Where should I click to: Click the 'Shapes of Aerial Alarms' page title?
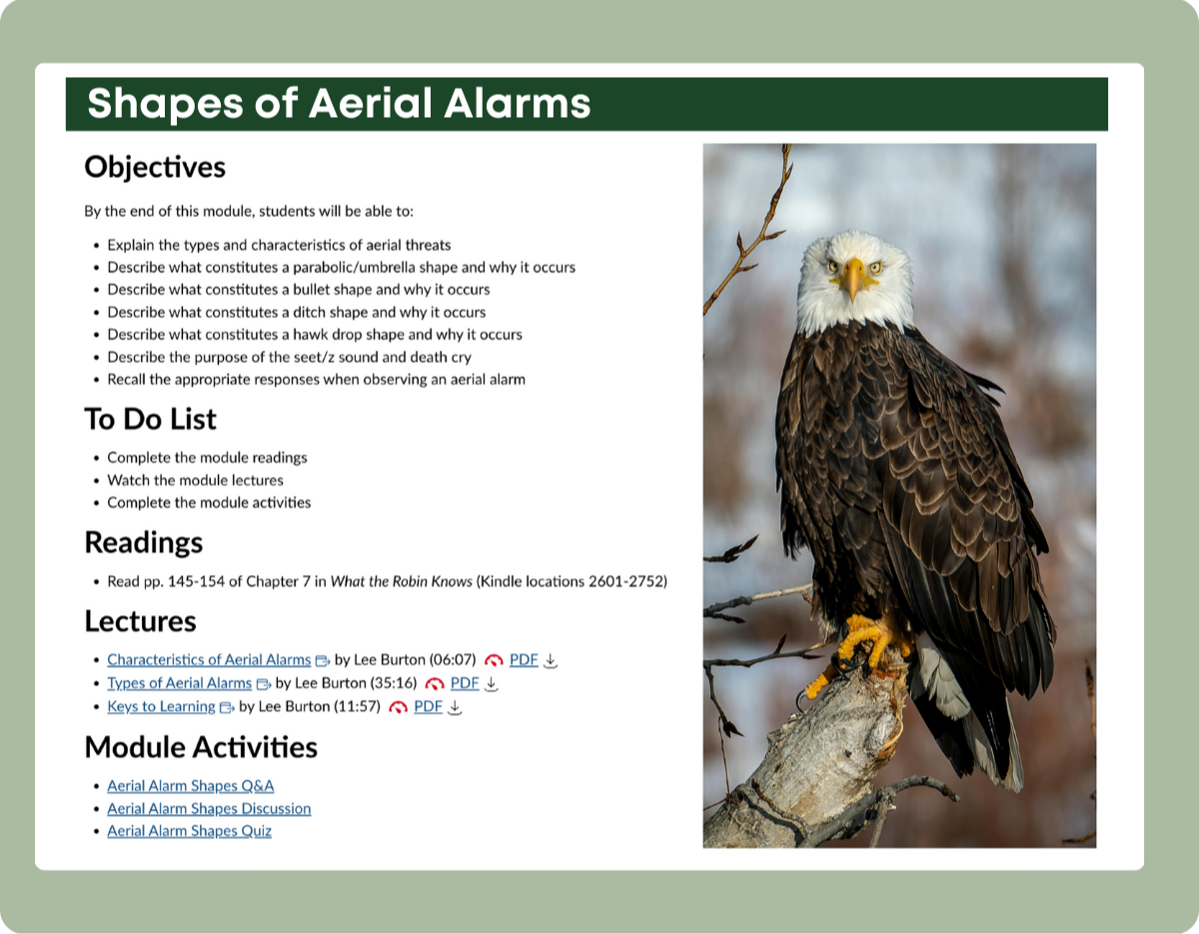tap(339, 103)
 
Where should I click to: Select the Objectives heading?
tap(155, 167)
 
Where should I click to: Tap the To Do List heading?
tap(150, 419)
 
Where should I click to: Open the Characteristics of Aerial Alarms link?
tap(209, 659)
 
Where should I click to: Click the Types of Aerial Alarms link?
tap(179, 683)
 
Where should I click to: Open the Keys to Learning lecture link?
tap(161, 706)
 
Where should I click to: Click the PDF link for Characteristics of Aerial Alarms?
tap(524, 659)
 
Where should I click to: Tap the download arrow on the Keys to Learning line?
tap(454, 706)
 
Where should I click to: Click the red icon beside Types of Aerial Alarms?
tap(435, 684)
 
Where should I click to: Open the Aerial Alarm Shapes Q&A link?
tap(191, 785)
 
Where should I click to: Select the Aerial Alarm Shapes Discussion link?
tap(209, 808)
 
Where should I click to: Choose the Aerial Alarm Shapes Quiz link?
tap(189, 830)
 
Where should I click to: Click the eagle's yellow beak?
tap(853, 279)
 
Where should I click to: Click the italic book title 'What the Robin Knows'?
tap(401, 581)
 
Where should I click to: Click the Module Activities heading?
tap(201, 747)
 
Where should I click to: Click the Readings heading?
tap(144, 541)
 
